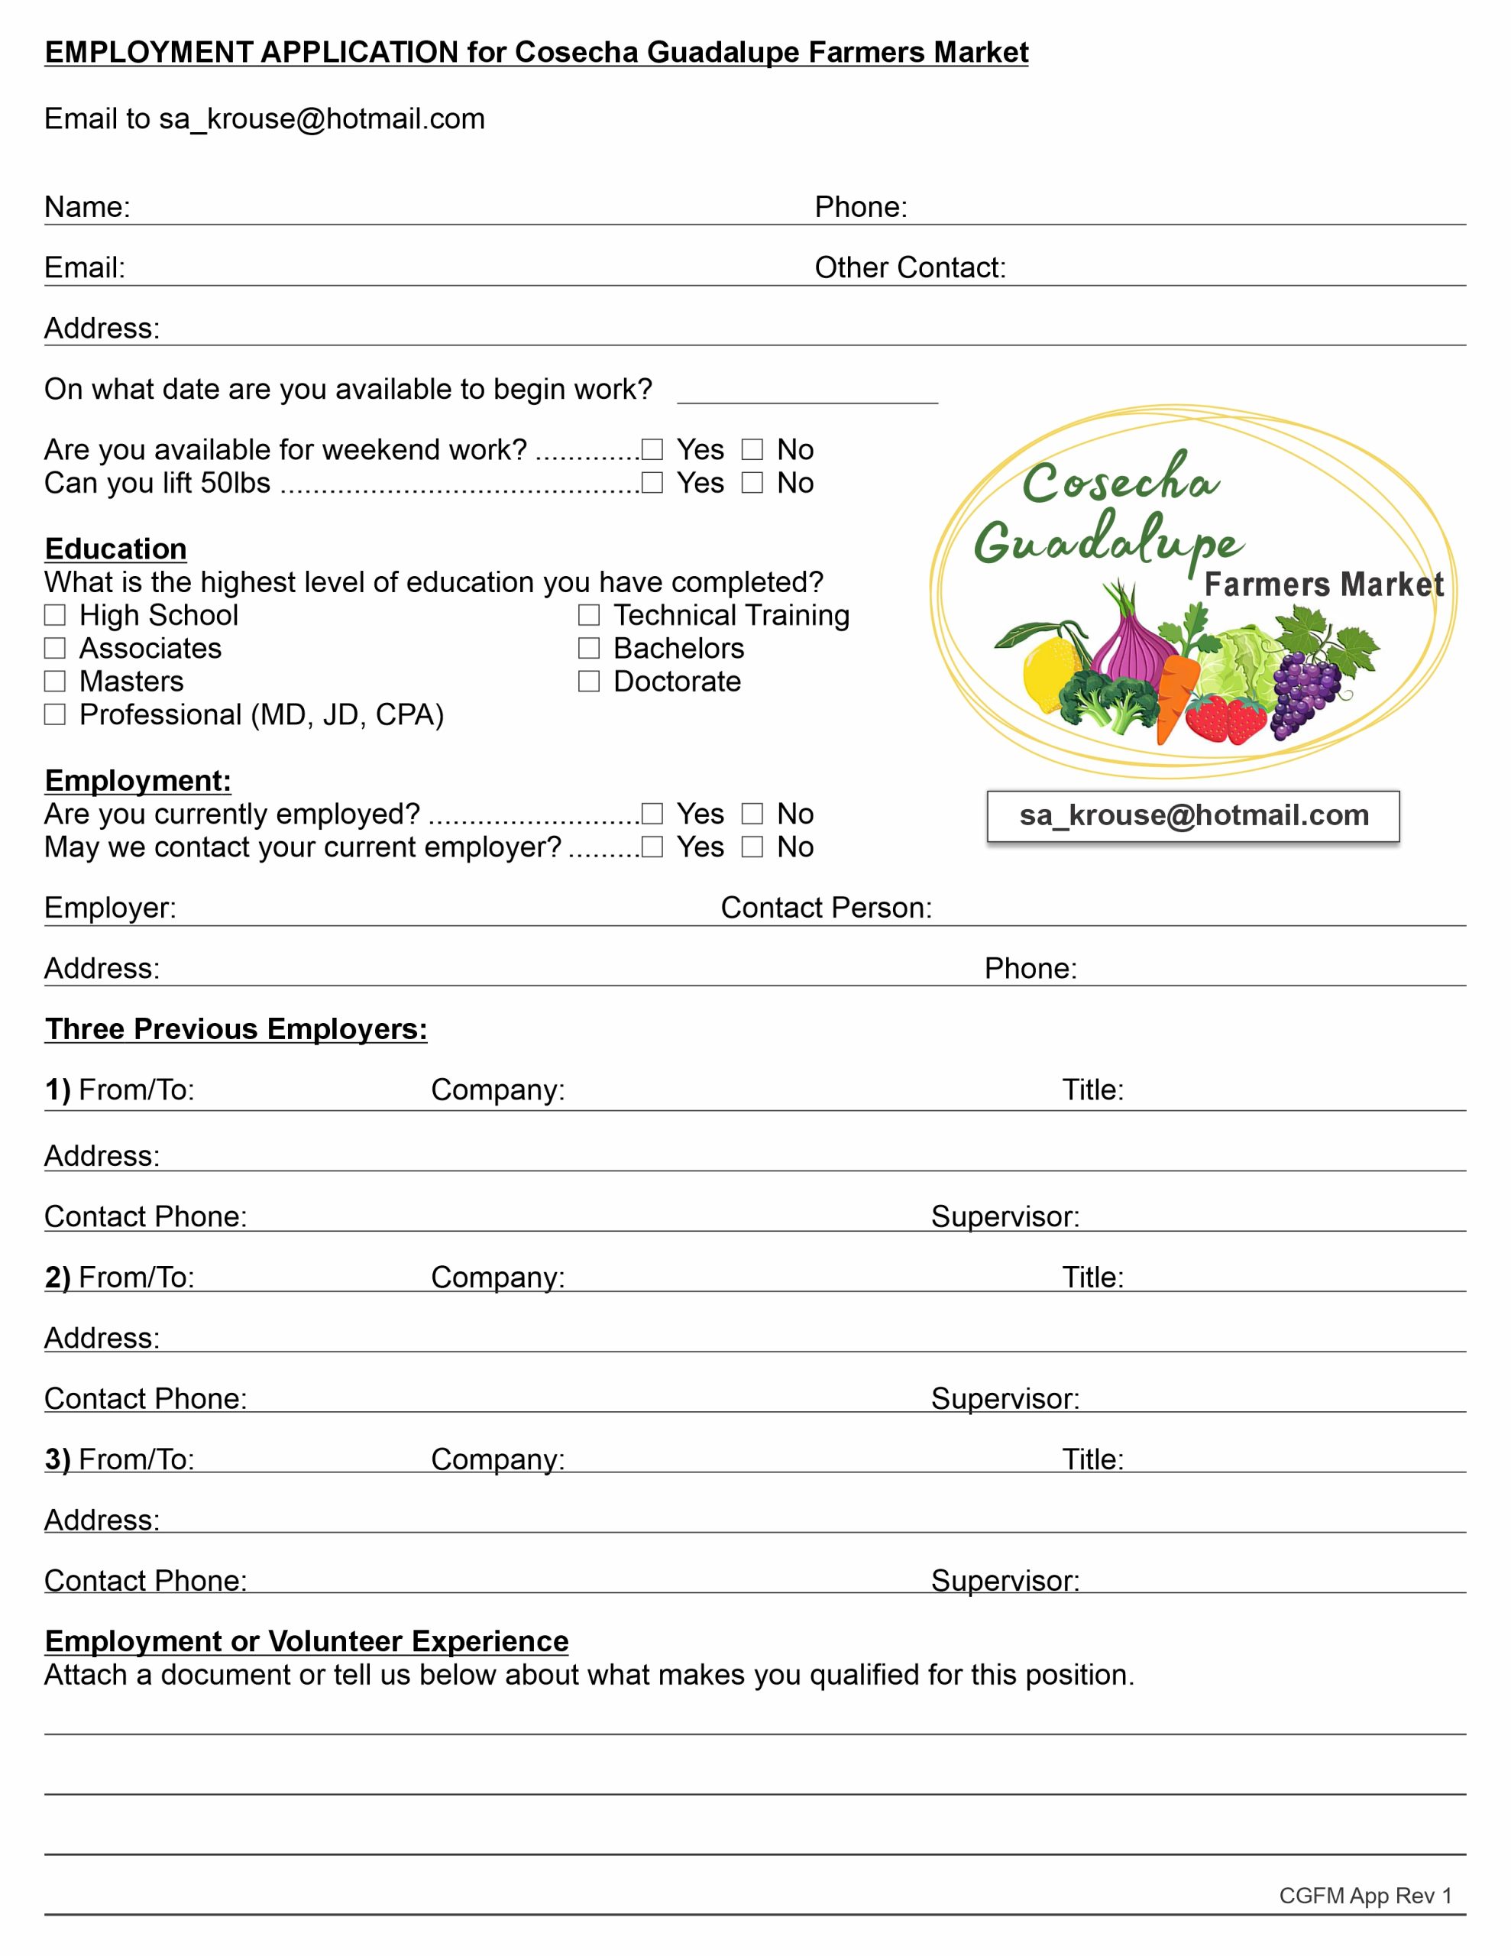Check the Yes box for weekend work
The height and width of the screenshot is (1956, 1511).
(652, 449)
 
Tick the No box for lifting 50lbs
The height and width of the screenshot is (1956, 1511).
(752, 483)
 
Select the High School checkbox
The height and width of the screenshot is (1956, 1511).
(56, 615)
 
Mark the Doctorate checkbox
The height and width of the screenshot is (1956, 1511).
(588, 682)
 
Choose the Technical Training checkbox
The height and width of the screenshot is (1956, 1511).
(588, 615)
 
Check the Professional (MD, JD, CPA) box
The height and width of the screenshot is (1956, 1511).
(56, 714)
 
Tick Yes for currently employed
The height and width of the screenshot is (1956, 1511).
(652, 814)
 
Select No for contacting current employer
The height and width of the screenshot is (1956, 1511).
(752, 847)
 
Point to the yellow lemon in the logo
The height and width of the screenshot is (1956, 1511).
(1050, 672)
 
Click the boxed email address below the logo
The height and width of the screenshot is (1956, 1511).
(1193, 816)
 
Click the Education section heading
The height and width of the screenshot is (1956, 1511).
(115, 549)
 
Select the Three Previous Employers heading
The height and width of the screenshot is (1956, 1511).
(235, 1029)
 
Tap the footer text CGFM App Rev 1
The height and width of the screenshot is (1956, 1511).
(1365, 1896)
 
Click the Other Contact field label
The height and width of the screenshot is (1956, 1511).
(910, 267)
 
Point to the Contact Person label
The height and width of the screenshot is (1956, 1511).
(826, 908)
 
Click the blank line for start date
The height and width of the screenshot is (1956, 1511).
(807, 394)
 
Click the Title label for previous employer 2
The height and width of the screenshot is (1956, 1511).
(1092, 1278)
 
